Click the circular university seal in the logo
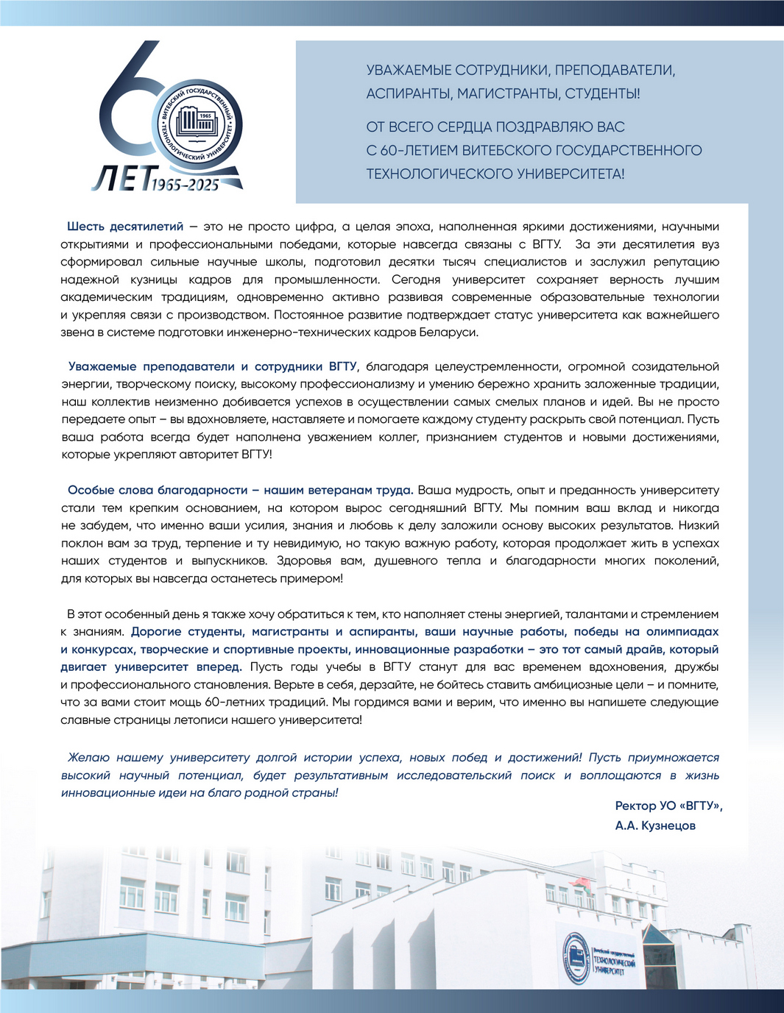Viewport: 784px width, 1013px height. coord(197,122)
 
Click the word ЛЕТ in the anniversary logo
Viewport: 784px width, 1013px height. coord(120,178)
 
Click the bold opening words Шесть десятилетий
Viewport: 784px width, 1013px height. coord(125,227)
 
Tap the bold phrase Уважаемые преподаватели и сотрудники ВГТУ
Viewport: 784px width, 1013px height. coord(213,366)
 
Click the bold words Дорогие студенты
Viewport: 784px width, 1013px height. coord(188,632)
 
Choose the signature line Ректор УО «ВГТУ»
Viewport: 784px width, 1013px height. coord(668,806)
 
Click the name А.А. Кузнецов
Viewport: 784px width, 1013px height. coord(655,826)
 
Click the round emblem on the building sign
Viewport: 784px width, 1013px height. coord(576,958)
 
